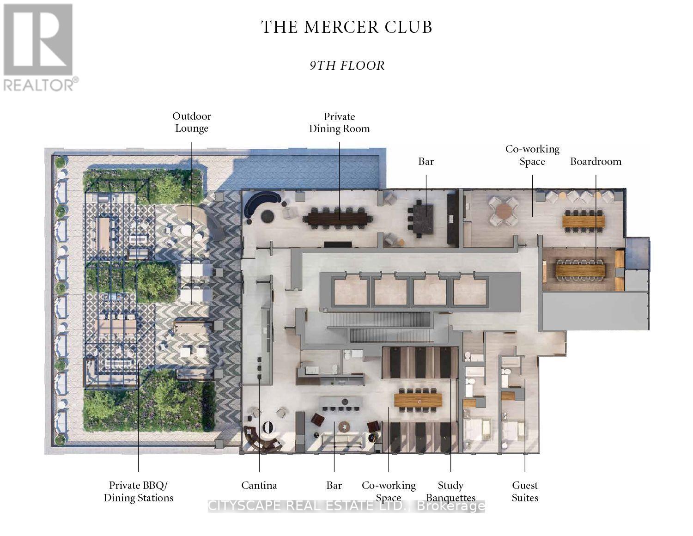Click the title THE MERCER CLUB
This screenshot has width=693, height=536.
point(346,27)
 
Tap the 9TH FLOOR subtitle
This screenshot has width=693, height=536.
point(347,66)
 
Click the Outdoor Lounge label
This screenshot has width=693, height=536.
point(192,122)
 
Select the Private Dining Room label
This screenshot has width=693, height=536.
point(339,122)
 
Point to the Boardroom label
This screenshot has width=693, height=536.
point(596,161)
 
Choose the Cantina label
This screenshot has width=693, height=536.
point(259,485)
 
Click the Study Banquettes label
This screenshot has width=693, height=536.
point(450,491)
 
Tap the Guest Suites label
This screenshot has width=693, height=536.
point(525,491)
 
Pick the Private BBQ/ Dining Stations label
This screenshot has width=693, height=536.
point(139,491)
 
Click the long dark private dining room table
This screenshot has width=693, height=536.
point(337,219)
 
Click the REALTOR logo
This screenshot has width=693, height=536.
point(40,48)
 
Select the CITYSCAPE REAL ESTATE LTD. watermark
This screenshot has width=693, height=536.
point(346,506)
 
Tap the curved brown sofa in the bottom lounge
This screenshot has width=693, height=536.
point(261,439)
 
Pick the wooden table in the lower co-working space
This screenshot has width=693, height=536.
point(418,400)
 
